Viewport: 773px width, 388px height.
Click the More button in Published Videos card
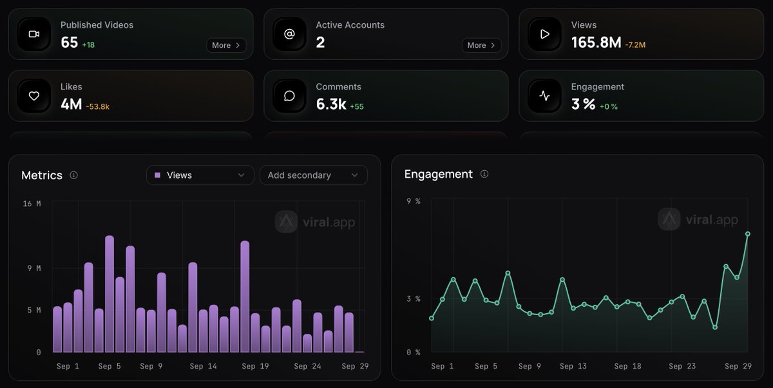pyautogui.click(x=226, y=45)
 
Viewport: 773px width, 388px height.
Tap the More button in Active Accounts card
pyautogui.click(x=481, y=45)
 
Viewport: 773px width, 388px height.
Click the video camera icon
pyautogui.click(x=33, y=34)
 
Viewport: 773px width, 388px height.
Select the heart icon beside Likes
pyautogui.click(x=33, y=96)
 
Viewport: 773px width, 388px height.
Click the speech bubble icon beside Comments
pyautogui.click(x=289, y=96)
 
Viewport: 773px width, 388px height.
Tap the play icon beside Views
pyautogui.click(x=544, y=34)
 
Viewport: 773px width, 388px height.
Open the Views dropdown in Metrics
pyautogui.click(x=200, y=175)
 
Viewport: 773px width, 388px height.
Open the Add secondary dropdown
pyautogui.click(x=313, y=175)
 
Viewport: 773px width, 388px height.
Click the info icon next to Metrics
pyautogui.click(x=73, y=175)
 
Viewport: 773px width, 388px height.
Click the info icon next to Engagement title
pyautogui.click(x=484, y=174)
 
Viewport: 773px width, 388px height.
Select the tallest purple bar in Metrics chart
pyautogui.click(x=110, y=294)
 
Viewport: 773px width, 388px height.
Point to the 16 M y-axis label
pyautogui.click(x=32, y=204)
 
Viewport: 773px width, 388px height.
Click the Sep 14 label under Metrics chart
pyautogui.click(x=204, y=366)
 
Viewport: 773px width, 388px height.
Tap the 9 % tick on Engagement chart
pyautogui.click(x=414, y=201)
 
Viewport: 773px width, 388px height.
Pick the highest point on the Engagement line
pyautogui.click(x=747, y=234)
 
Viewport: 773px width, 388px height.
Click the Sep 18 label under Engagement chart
pyautogui.click(x=627, y=366)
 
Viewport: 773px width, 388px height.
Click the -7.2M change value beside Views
pyautogui.click(x=635, y=45)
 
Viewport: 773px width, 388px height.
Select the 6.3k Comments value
pyautogui.click(x=331, y=104)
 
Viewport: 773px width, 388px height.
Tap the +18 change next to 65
pyautogui.click(x=88, y=45)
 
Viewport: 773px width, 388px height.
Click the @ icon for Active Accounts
pyautogui.click(x=289, y=34)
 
